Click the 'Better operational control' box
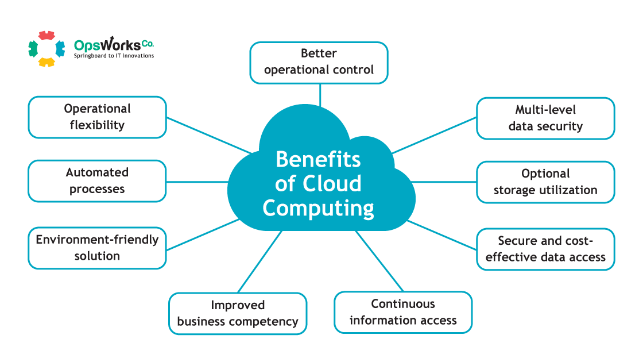(x=319, y=62)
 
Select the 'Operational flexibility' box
(x=97, y=117)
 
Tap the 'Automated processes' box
(x=97, y=180)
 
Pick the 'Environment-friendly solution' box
(x=97, y=248)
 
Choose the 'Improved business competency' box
(x=238, y=313)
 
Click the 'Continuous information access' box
(x=403, y=312)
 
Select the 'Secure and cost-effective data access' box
(x=545, y=249)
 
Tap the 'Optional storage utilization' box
(x=545, y=182)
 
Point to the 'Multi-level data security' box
(x=545, y=118)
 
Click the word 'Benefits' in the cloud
(x=318, y=159)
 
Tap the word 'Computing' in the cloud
(x=318, y=207)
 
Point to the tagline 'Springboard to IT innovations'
(x=114, y=56)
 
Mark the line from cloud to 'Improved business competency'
(x=259, y=261)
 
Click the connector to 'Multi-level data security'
(x=435, y=135)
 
